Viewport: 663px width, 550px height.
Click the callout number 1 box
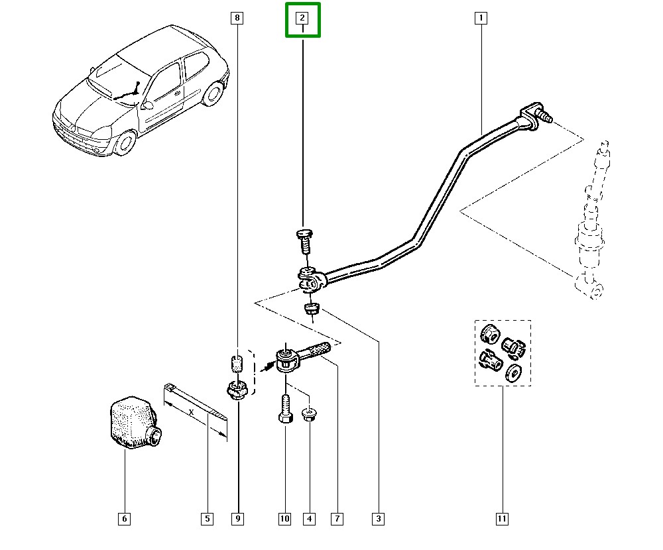click(480, 19)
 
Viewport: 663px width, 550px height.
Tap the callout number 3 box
click(379, 519)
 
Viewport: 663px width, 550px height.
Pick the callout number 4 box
click(309, 519)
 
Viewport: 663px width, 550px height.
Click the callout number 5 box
click(207, 519)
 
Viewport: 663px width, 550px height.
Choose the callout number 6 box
click(124, 519)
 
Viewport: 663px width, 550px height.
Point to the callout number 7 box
click(337, 519)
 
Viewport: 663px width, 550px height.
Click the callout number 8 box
click(237, 19)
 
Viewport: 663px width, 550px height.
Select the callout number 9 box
click(237, 519)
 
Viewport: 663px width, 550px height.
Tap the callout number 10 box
click(284, 519)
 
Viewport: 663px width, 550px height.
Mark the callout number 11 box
click(502, 519)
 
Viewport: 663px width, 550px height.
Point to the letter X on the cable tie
click(192, 412)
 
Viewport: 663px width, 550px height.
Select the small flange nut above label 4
click(309, 415)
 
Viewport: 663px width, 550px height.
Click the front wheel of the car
click(124, 142)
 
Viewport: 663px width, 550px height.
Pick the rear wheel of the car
click(213, 93)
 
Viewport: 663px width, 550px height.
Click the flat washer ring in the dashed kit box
click(513, 374)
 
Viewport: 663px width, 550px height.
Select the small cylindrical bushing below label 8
click(237, 364)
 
